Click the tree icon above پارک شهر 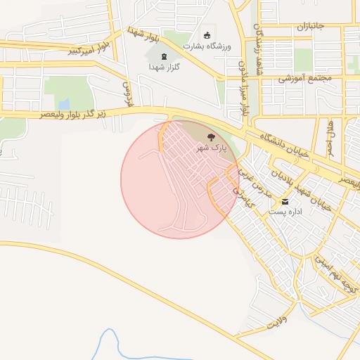pyautogui.click(x=210, y=136)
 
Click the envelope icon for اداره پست pyautogui.click(x=285, y=201)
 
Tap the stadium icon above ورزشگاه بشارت pyautogui.click(x=207, y=35)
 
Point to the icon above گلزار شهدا pyautogui.click(x=165, y=56)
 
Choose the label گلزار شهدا pyautogui.click(x=165, y=67)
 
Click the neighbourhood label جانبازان pyautogui.click(x=309, y=27)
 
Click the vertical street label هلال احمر pyautogui.click(x=330, y=139)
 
